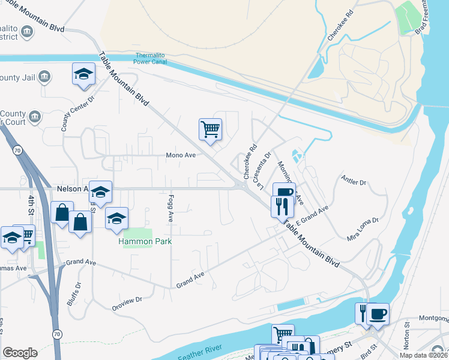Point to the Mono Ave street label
pyautogui.click(x=181, y=155)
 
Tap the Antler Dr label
pyautogui.click(x=353, y=181)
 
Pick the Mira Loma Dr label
pyautogui.click(x=363, y=229)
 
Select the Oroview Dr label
pyautogui.click(x=127, y=304)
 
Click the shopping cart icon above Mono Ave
pyautogui.click(x=210, y=128)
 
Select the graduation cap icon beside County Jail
pyautogui.click(x=83, y=74)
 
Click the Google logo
pyautogui.click(x=20, y=353)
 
